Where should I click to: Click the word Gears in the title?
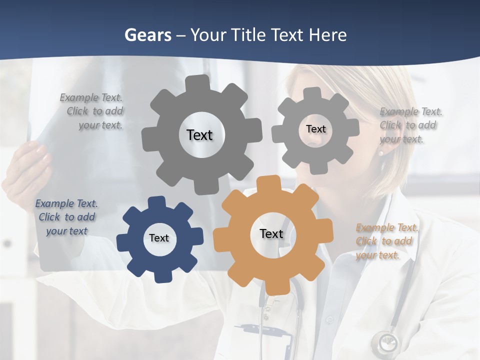[x=146, y=35]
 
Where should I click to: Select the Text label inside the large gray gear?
[x=199, y=135]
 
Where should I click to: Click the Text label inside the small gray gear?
[x=315, y=129]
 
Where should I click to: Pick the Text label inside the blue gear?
[x=159, y=238]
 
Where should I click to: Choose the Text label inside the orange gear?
[x=271, y=233]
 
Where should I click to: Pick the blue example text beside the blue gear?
[x=66, y=217]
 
